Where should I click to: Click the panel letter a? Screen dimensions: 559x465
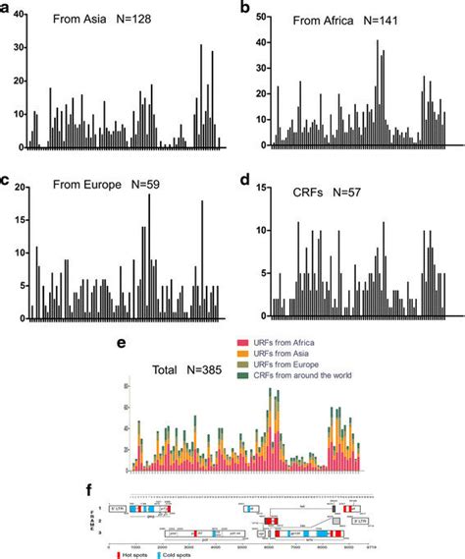point(8,9)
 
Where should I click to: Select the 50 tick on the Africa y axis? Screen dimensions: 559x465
point(250,19)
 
